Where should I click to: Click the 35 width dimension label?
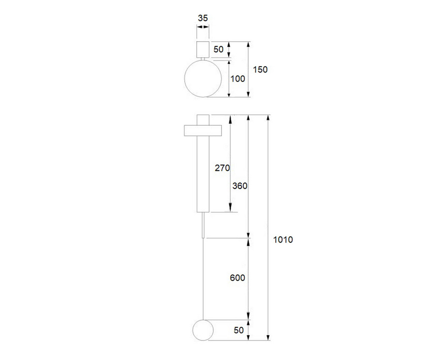click(203, 18)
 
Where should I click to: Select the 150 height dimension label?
click(260, 70)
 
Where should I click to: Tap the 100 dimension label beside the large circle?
click(238, 79)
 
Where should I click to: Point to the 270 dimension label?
click(222, 168)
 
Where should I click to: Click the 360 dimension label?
click(240, 186)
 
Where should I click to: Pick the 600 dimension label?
click(237, 278)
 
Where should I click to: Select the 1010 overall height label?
click(283, 240)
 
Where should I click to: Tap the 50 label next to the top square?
click(218, 49)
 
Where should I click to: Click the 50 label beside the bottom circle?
click(239, 330)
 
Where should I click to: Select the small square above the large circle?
click(203, 49)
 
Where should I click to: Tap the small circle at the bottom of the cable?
click(203, 330)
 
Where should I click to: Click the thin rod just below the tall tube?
click(203, 225)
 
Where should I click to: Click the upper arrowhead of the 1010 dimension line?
click(268, 118)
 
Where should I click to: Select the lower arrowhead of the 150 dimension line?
click(248, 94)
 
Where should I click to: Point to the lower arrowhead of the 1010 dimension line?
click(268, 337)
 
